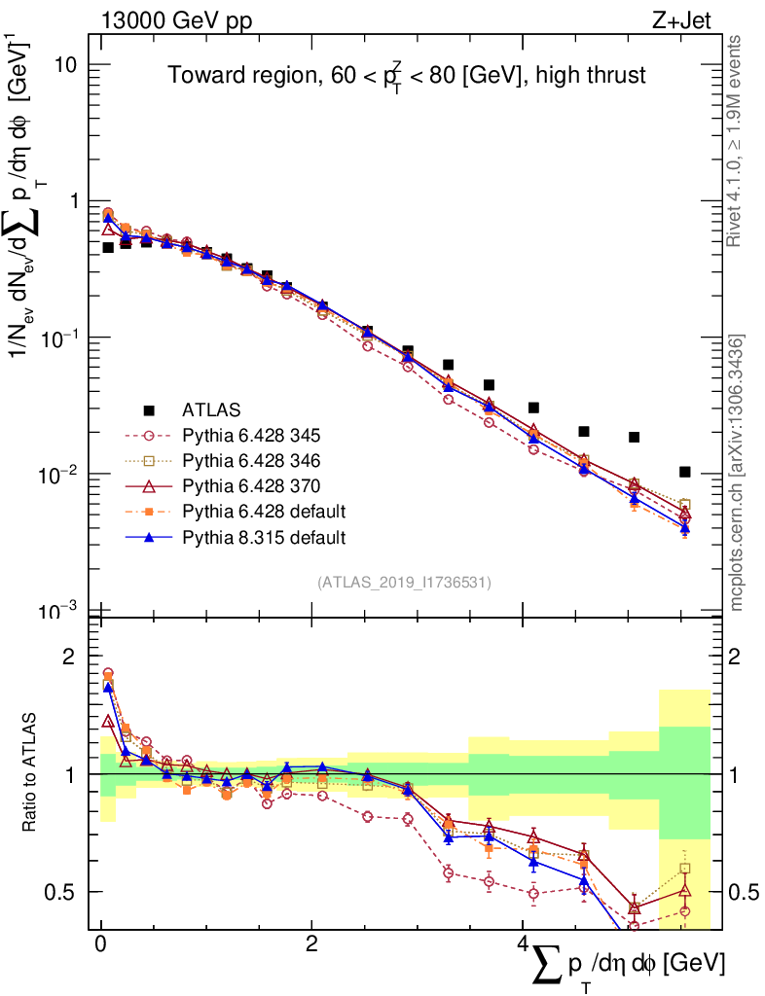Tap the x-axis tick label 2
311,944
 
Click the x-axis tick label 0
100,944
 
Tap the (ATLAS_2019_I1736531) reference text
404,583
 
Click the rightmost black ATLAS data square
685,472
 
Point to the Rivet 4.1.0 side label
736,141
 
